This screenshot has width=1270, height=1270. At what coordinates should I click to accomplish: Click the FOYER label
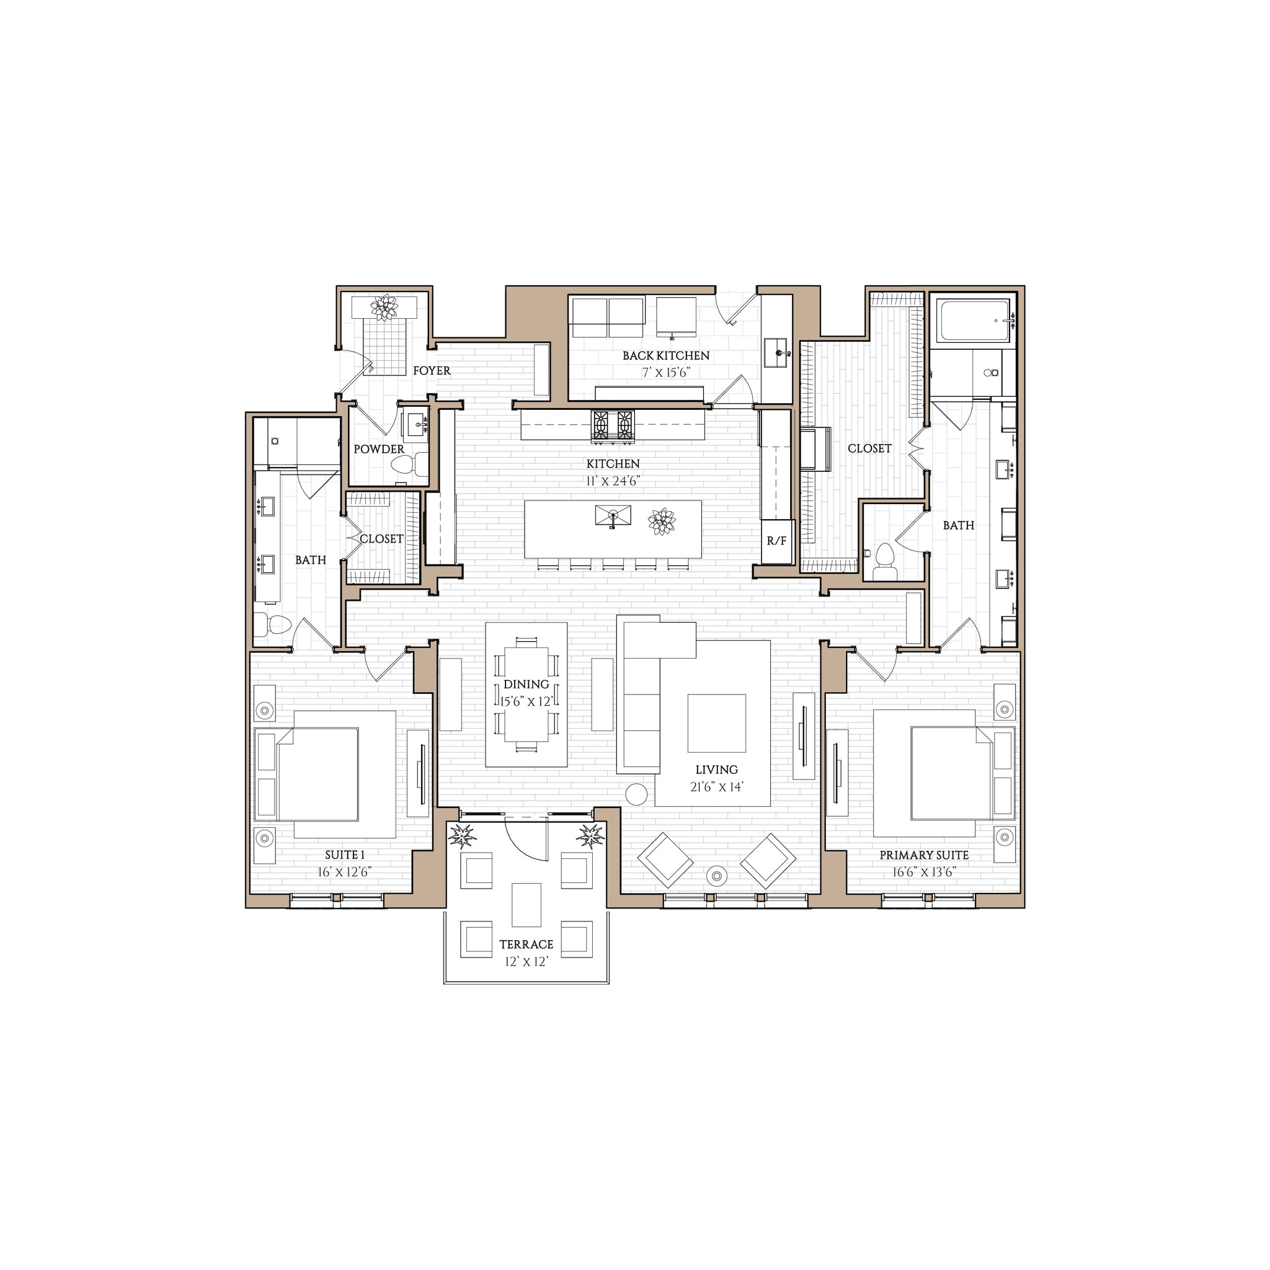pos(431,371)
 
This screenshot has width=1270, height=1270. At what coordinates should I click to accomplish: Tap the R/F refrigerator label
pos(776,541)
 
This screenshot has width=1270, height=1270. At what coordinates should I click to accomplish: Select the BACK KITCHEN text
pos(666,355)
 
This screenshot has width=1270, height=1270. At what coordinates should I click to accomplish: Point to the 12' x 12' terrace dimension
pos(526,962)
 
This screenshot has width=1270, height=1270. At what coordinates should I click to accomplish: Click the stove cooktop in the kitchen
pos(613,425)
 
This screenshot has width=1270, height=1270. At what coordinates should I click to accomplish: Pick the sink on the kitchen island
pos(613,515)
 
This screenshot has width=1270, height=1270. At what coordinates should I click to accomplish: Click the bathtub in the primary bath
pos(974,321)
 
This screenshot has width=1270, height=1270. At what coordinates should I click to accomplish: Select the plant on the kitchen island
pos(661,522)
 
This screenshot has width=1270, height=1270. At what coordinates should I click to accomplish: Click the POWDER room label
pos(379,449)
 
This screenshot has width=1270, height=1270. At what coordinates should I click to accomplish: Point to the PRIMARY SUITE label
pos(923,855)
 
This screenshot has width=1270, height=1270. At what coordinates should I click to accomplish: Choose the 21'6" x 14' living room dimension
pos(716,787)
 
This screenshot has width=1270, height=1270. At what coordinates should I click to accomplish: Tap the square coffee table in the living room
pos(716,723)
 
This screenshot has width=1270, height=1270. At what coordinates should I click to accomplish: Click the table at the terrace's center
pos(526,905)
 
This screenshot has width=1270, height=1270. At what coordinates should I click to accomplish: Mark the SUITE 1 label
pos(344,855)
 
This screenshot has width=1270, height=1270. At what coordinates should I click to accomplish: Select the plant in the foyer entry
pos(384,307)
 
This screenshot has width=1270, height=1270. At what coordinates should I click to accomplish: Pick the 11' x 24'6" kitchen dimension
pos(613,481)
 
